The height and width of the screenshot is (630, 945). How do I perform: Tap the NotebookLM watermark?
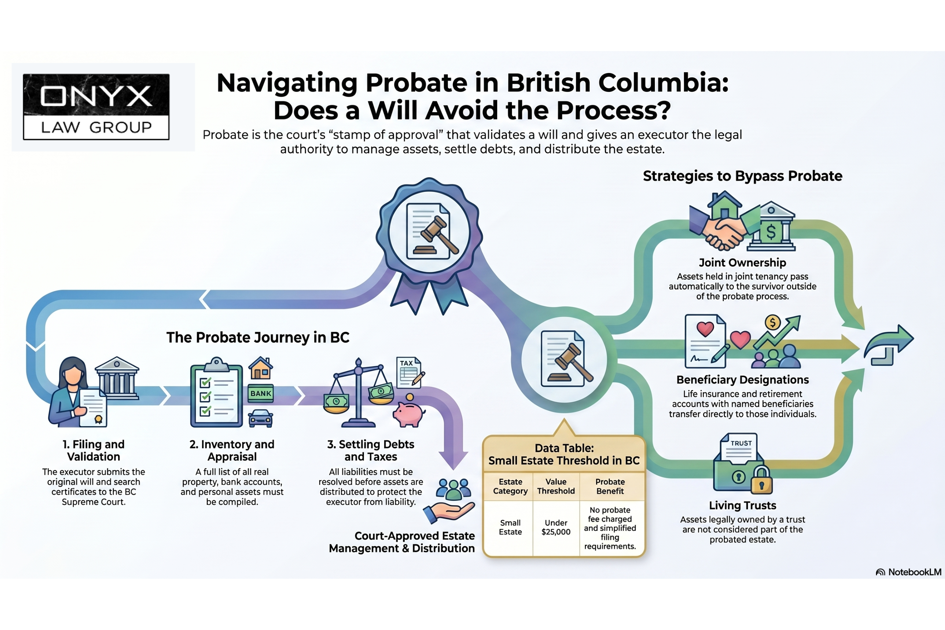click(908, 572)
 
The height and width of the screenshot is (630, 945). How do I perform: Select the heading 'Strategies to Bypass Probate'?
click(742, 176)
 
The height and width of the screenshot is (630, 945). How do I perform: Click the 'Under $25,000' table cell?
click(556, 527)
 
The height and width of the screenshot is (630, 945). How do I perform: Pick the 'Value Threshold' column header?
click(556, 486)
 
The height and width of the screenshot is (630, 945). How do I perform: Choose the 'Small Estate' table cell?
click(510, 527)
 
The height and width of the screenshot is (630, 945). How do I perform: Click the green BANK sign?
click(261, 393)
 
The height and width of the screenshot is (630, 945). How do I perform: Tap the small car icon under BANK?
click(261, 418)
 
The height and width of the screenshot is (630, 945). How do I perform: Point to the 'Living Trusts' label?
click(742, 506)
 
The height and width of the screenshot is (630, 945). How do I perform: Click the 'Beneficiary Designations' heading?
click(742, 380)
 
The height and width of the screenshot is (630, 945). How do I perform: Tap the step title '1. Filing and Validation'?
click(94, 450)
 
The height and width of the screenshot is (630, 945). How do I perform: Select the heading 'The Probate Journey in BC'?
click(258, 337)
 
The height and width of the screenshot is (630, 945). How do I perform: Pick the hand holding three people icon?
click(450, 502)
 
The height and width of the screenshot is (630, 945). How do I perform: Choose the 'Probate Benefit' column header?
click(610, 486)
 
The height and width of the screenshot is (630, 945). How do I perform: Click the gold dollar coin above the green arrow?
click(772, 322)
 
